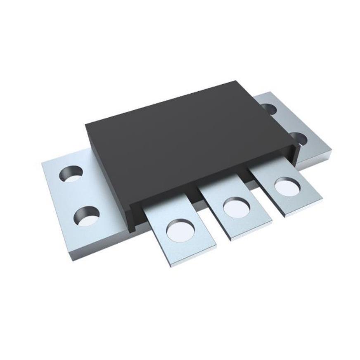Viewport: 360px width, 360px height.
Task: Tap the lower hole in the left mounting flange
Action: pyautogui.click(x=87, y=215)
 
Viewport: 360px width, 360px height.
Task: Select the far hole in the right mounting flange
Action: pyautogui.click(x=269, y=109)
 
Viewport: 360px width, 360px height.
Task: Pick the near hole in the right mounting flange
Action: pyautogui.click(x=298, y=139)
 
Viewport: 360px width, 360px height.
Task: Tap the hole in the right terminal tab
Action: pyautogui.click(x=286, y=185)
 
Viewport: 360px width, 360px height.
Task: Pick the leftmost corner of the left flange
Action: pyautogui.click(x=42, y=163)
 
